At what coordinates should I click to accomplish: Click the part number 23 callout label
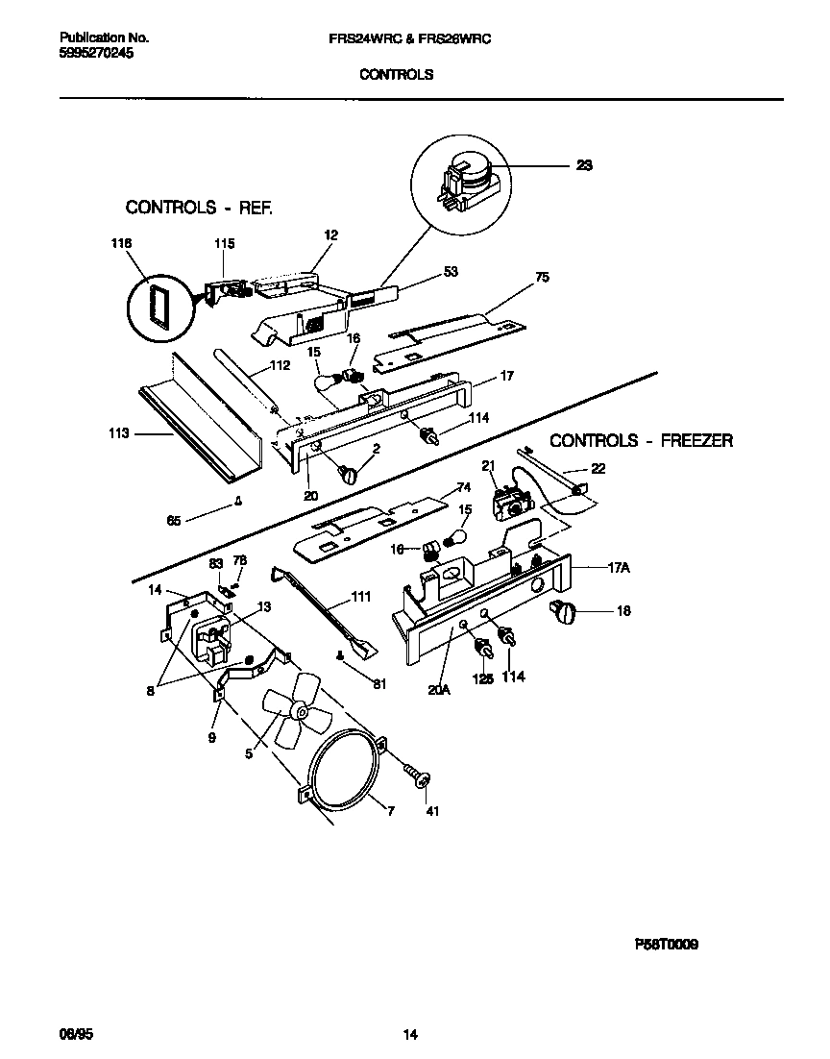[584, 165]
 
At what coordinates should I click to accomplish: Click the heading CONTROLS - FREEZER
[641, 441]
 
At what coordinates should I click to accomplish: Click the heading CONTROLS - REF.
[199, 207]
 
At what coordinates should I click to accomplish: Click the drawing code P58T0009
[666, 945]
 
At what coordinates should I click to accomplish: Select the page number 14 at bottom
[410, 1035]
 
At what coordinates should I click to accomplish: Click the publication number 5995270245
[96, 55]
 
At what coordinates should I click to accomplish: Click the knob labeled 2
[348, 472]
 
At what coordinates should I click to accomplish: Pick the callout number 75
[542, 277]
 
